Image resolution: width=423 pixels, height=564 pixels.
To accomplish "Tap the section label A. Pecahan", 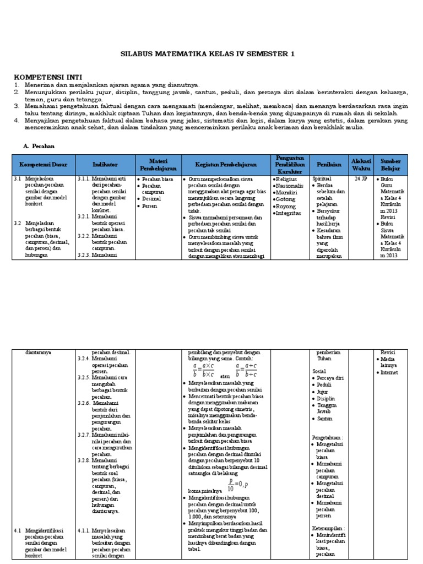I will point(39,146).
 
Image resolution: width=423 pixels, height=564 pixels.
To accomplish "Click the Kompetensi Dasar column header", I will point(44,165).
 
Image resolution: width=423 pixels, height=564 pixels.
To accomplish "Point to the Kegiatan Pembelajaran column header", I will point(225,165).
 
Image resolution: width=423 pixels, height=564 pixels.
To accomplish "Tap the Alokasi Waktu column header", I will point(361,165).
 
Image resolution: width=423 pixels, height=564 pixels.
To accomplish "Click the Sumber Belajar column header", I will point(392,165).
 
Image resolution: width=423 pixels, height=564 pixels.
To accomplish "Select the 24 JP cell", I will point(361,180).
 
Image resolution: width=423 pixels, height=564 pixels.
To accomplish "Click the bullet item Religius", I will point(285,180).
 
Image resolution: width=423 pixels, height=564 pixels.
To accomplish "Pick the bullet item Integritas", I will point(288,213).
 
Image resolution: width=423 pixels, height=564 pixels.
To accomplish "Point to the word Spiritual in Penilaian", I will point(323,180).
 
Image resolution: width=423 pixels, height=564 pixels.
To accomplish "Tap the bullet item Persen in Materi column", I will point(150,206).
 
